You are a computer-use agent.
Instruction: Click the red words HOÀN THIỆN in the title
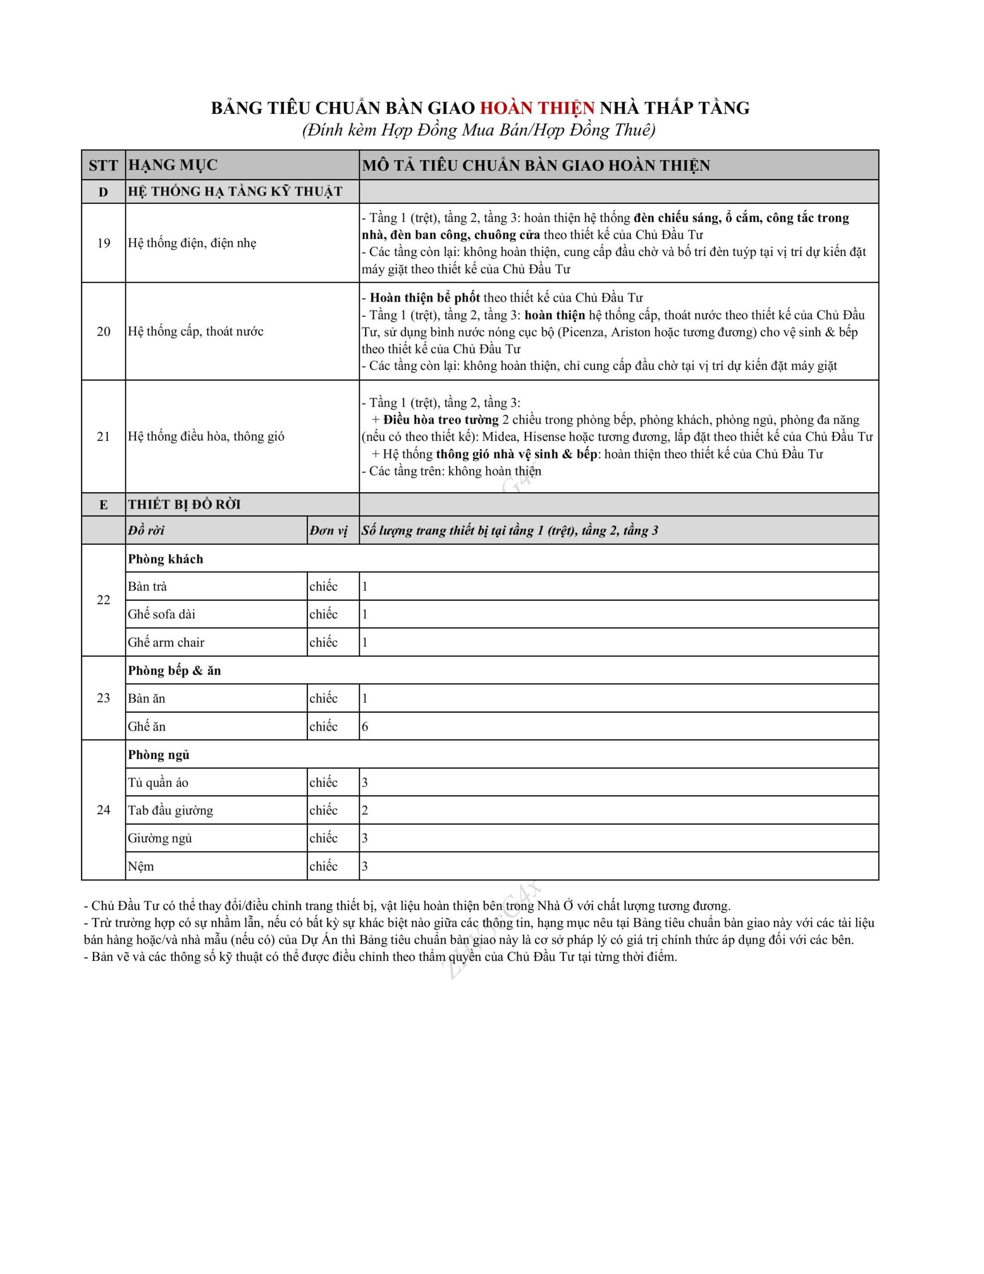537,108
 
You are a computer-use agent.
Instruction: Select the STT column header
103,166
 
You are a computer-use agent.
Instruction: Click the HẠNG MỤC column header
173,165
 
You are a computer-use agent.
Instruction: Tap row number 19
103,243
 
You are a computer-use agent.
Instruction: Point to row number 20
103,331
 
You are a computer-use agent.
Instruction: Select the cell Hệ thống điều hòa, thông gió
206,436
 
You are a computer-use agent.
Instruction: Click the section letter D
103,192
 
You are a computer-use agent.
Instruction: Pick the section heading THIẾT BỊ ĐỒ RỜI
185,505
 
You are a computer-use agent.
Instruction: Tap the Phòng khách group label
166,559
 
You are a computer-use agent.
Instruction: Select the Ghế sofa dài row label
162,614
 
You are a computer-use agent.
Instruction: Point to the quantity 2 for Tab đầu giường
365,810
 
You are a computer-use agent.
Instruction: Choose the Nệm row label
141,866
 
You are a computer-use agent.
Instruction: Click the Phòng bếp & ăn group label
175,671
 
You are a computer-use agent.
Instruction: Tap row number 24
103,810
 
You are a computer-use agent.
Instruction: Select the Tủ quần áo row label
158,783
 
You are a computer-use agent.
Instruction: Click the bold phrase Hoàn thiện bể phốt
425,298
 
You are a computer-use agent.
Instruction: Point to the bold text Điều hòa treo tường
441,420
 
